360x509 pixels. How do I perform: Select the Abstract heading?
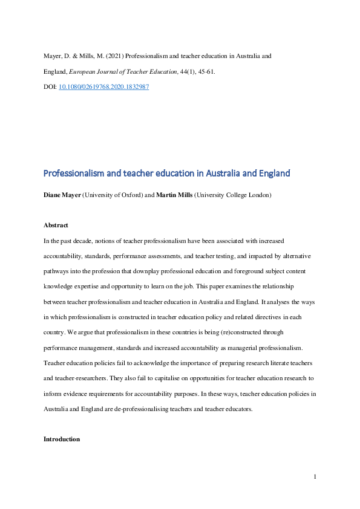56,225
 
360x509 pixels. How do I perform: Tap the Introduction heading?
61,439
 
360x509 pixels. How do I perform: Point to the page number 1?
315,478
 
